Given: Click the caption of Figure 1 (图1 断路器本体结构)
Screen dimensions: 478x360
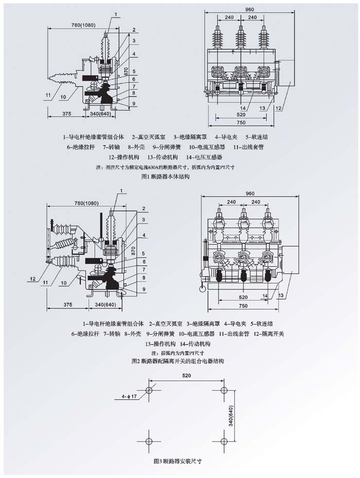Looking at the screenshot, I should [x=166, y=176].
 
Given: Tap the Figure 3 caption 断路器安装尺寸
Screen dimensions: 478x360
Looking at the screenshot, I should [x=178, y=461].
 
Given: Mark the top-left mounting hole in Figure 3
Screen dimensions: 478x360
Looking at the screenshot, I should [x=149, y=391].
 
